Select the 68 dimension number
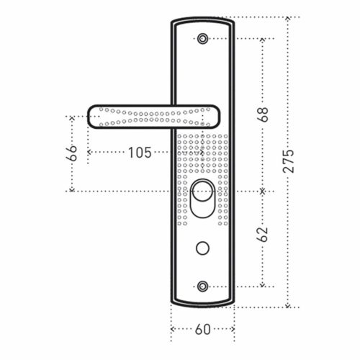(263, 114)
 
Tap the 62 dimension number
(263, 234)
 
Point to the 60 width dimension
(202, 329)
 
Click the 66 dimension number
(71, 152)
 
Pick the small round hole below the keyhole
(202, 248)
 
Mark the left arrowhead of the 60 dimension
(171, 329)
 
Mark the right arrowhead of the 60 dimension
(234, 329)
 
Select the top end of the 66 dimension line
(71, 116)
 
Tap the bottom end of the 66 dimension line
(71, 191)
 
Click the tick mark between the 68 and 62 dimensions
(263, 191)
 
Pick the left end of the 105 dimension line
(89, 152)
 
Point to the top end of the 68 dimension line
(263, 38)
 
